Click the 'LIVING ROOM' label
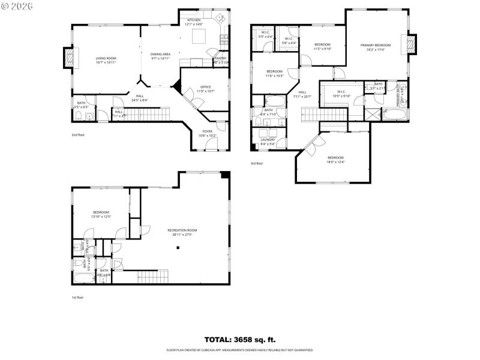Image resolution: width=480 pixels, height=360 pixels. point(105,58)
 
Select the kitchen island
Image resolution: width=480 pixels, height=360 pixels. point(200,37)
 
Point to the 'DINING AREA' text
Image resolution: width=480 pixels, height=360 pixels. point(160,54)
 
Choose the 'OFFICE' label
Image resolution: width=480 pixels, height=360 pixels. point(204,87)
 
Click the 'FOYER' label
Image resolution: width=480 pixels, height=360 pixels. point(207,131)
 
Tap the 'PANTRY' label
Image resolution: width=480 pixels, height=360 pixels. point(220,58)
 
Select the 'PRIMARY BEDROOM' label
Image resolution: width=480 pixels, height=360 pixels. point(376,46)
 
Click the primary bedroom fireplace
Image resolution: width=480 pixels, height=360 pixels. point(412,44)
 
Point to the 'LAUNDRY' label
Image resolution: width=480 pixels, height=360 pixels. point(267,140)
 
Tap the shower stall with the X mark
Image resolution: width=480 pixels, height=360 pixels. point(373,113)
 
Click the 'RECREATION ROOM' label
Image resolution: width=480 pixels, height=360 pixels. point(182,230)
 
